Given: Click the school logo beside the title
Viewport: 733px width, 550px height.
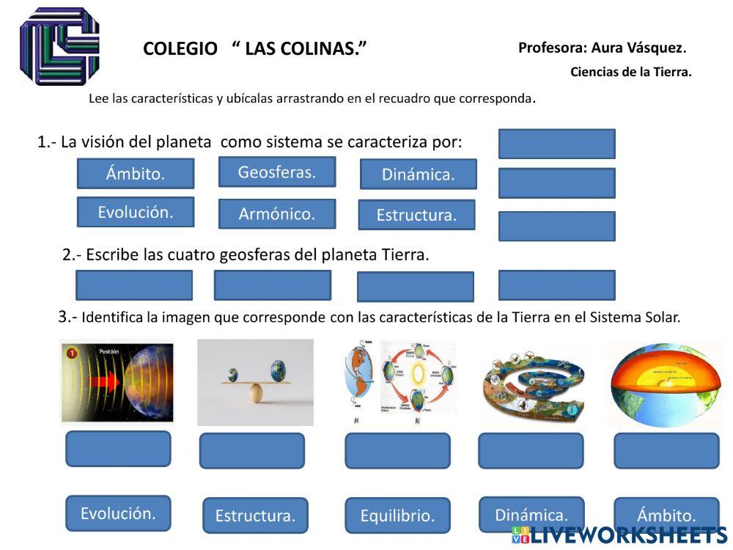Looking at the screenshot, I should click(x=59, y=46).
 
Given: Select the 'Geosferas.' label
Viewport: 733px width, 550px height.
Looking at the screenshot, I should click(x=277, y=172).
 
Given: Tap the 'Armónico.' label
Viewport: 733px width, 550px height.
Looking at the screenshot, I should click(x=277, y=214).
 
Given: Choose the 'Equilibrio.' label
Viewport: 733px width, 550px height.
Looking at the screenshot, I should click(x=397, y=516).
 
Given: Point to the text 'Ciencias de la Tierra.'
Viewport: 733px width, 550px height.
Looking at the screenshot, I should click(x=630, y=72).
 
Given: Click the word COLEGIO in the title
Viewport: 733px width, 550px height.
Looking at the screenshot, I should click(x=180, y=49).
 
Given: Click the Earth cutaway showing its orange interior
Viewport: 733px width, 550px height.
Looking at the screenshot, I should click(x=666, y=381).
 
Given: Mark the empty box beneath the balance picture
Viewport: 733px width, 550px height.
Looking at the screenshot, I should click(x=252, y=450).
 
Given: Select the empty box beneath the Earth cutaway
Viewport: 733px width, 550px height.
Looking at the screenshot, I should click(x=666, y=450).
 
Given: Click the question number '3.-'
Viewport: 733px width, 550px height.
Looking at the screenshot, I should click(x=67, y=317).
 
